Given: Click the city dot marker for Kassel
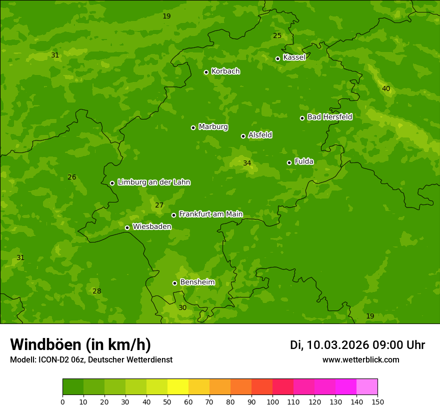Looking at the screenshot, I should click(278, 58).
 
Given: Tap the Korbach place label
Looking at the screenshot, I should click(225, 71).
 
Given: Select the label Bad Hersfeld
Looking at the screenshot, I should click(329, 117).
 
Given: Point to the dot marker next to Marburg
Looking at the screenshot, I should click(193, 127).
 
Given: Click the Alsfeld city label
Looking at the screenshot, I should click(260, 135).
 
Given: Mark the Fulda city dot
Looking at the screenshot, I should click(289, 162).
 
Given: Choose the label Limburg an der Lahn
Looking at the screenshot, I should click(153, 182).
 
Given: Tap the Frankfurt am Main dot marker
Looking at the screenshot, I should click(174, 215).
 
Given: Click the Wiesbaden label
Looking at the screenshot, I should click(151, 226).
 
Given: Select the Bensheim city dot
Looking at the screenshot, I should click(175, 283).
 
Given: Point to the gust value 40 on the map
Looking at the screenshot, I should click(386, 89).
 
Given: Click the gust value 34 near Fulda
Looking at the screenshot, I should click(247, 163).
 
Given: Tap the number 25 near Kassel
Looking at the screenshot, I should click(277, 35).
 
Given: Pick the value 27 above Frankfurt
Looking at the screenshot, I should click(159, 205).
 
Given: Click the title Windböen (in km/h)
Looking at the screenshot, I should click(80, 345).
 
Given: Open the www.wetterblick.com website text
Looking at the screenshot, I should click(360, 360).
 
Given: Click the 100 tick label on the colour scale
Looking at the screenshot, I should click(272, 402).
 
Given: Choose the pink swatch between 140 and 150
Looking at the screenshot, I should click(367, 387).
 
